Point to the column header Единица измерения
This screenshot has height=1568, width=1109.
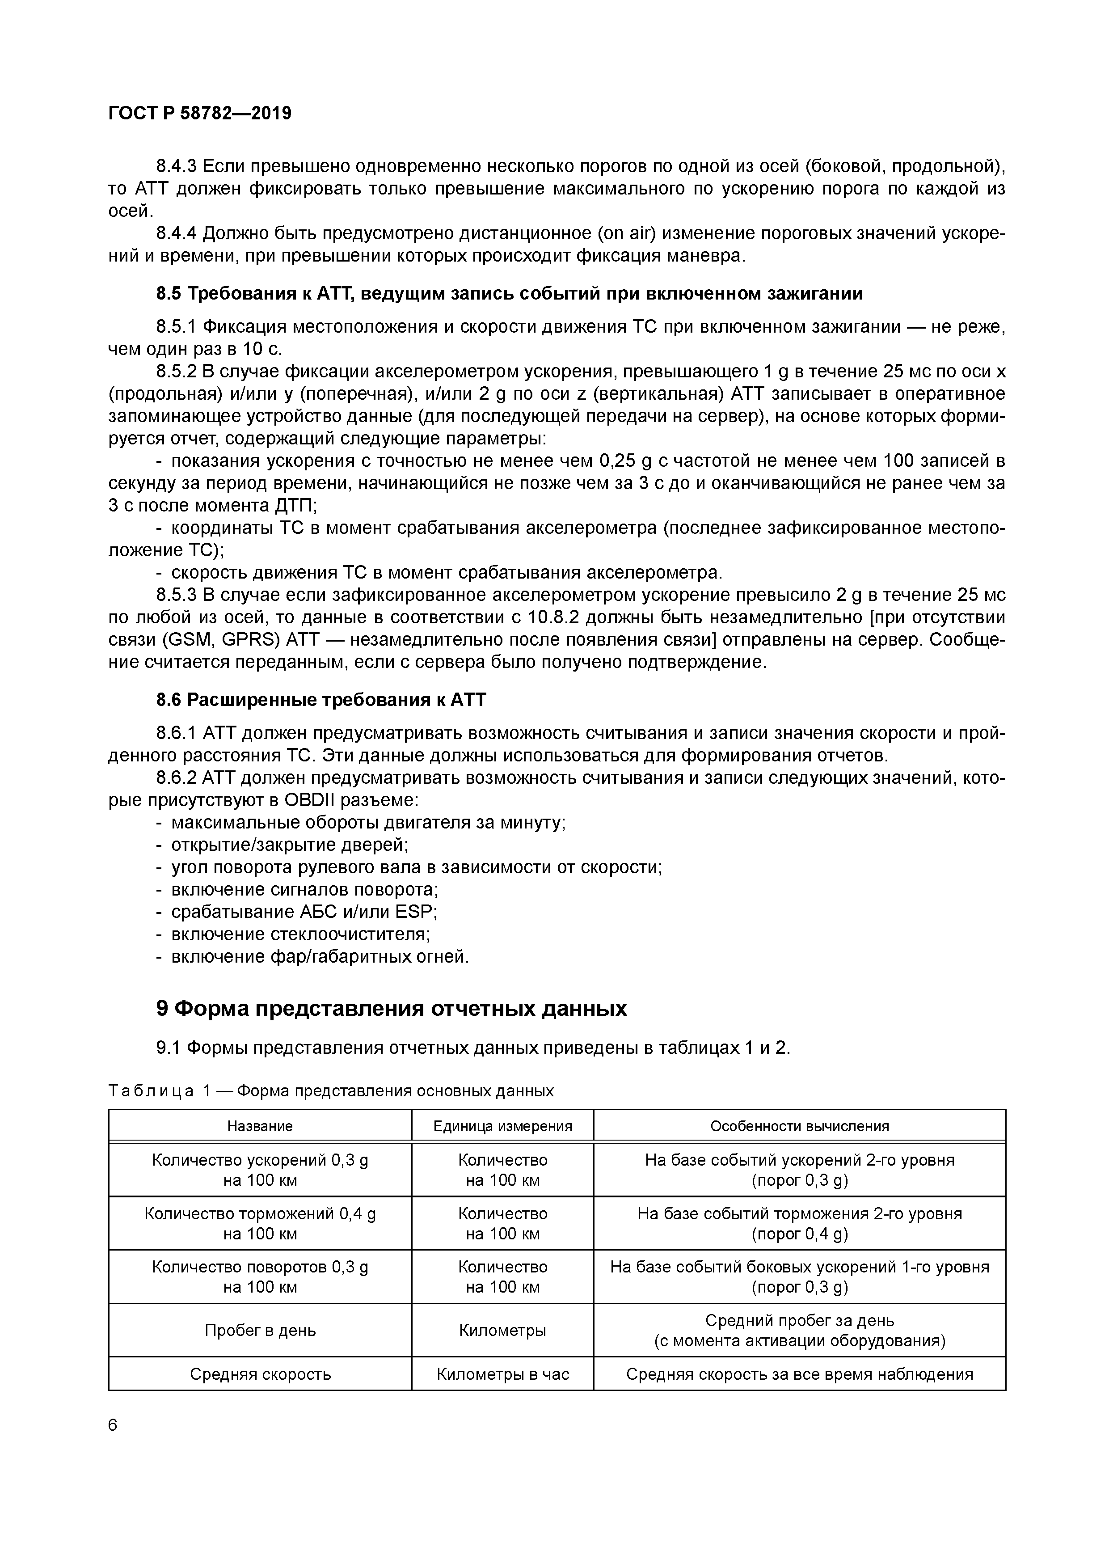pyautogui.click(x=502, y=1126)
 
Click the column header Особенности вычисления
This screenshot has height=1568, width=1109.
pyautogui.click(x=800, y=1126)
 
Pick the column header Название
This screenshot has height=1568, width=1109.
pyautogui.click(x=260, y=1126)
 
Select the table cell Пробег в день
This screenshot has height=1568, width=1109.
pyautogui.click(x=260, y=1330)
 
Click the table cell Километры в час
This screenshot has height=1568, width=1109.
pyautogui.click(x=502, y=1374)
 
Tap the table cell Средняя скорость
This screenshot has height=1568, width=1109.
pyautogui.click(x=260, y=1374)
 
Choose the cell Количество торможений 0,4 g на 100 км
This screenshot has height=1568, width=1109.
pyautogui.click(x=260, y=1224)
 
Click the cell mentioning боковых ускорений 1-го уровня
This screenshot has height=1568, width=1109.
pyautogui.click(x=800, y=1277)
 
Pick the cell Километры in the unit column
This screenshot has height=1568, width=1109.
pyautogui.click(x=502, y=1330)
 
